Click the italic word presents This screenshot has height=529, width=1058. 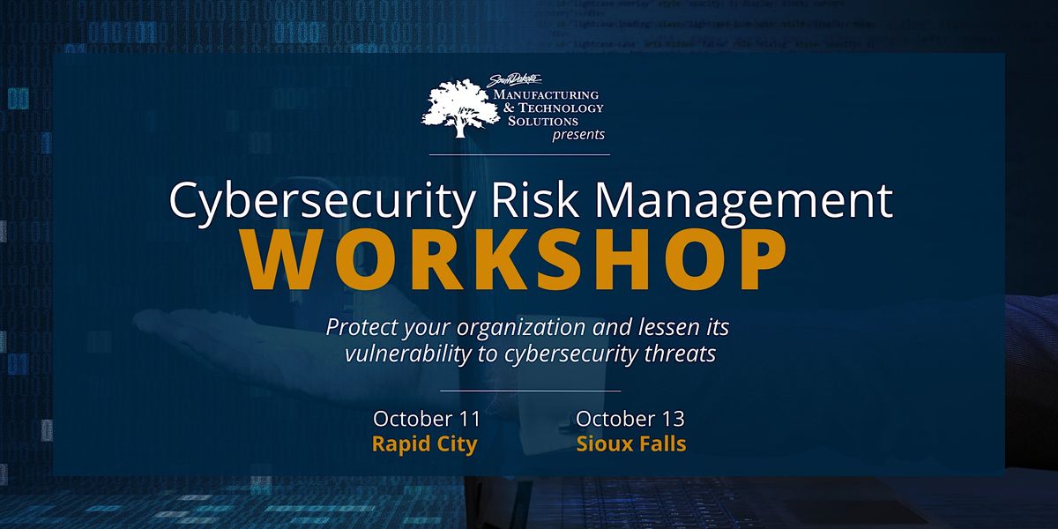tap(578, 135)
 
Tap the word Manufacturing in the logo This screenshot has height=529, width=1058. tap(546, 94)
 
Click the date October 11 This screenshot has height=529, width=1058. tap(424, 419)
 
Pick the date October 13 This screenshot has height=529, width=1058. tap(630, 419)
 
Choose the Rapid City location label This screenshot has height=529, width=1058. tap(424, 443)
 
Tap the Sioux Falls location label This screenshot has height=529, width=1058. tap(630, 443)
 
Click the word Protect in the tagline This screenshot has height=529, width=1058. tap(357, 327)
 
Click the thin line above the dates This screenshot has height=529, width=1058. tap(529, 390)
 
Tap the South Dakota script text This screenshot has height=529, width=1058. tap(518, 82)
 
